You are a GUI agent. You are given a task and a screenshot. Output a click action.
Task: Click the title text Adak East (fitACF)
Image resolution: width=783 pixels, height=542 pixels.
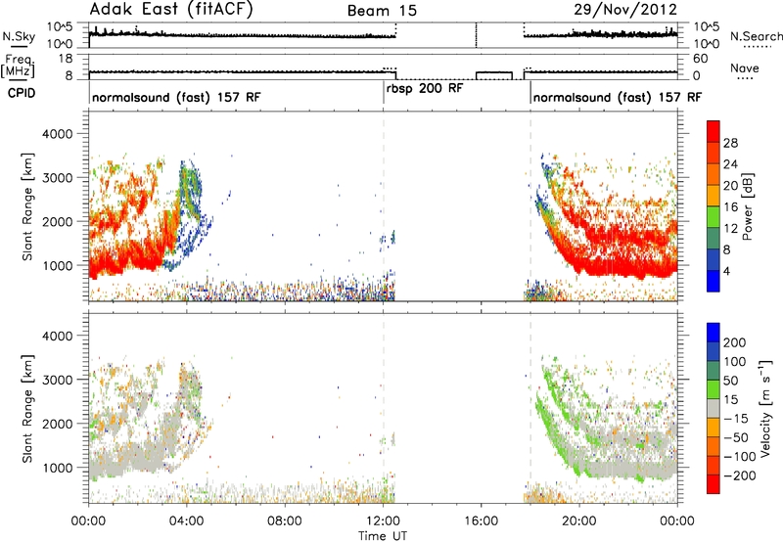(170, 9)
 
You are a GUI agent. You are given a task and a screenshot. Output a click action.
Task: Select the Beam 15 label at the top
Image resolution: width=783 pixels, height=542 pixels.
(382, 11)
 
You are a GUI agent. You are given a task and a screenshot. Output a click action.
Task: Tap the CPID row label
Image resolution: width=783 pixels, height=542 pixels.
(22, 93)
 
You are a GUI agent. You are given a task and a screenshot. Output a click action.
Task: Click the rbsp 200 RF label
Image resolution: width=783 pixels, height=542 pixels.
(425, 89)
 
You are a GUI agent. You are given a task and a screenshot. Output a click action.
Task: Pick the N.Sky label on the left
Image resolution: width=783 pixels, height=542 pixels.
(19, 36)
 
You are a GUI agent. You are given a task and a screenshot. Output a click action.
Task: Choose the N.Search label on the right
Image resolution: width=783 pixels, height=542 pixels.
(756, 36)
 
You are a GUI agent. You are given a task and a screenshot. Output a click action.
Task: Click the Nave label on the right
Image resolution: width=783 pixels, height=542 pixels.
(745, 68)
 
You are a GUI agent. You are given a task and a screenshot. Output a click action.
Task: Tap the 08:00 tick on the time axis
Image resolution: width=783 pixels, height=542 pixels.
(285, 521)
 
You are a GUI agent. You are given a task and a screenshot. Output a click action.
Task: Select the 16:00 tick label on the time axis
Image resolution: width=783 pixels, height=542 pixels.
(481, 521)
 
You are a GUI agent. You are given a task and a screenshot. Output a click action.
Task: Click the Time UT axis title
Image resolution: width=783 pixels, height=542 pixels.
(383, 536)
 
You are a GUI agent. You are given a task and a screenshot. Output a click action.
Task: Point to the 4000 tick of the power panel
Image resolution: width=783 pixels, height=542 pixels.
(58, 134)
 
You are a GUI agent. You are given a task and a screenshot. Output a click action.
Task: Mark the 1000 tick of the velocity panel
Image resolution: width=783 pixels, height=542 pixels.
(58, 468)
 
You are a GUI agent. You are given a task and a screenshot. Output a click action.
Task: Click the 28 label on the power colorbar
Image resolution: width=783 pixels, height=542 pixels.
(730, 143)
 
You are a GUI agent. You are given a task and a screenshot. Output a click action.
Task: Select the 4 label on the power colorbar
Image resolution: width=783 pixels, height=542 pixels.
(727, 272)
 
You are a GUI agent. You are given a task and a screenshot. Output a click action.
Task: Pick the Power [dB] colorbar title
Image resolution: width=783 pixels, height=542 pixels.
(747, 206)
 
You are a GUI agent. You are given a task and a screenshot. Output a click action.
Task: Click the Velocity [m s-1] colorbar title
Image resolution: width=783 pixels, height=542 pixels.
(765, 408)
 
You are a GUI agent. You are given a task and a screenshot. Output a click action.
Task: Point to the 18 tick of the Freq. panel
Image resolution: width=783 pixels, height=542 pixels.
(66, 59)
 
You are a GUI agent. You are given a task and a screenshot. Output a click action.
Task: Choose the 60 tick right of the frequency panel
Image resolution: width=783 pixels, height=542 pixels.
(701, 59)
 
